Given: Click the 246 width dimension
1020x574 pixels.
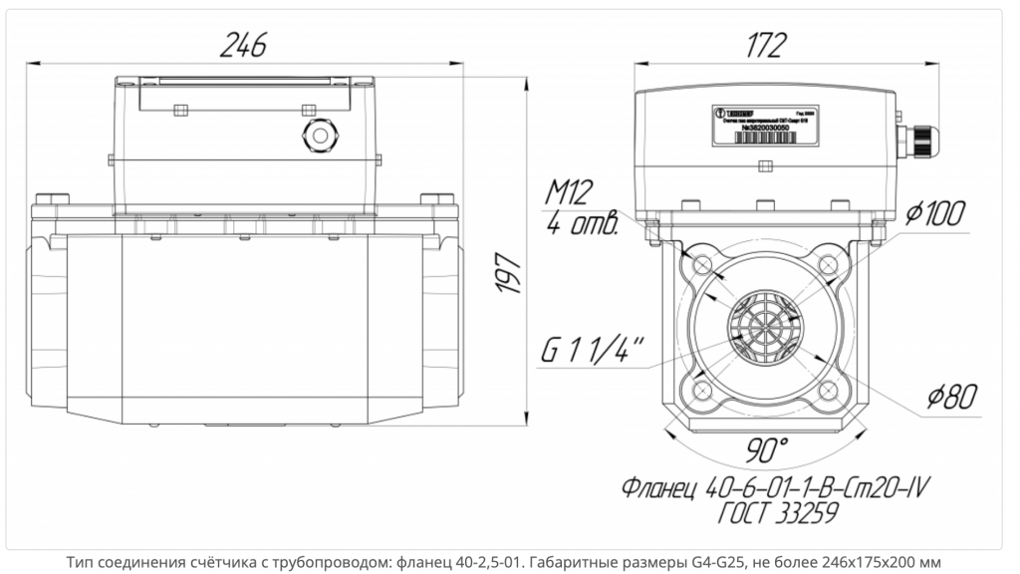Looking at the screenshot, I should pyautogui.click(x=245, y=44).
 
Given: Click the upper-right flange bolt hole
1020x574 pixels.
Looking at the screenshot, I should pyautogui.click(x=827, y=265).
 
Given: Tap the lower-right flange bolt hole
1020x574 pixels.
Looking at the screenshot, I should pyautogui.click(x=827, y=388).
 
